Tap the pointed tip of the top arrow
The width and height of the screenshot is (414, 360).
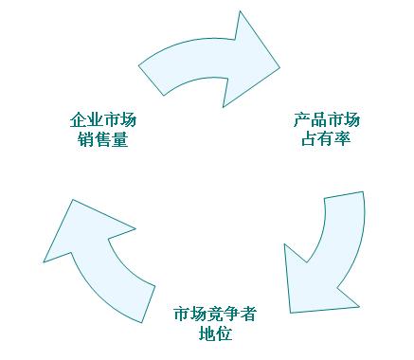click(279, 66)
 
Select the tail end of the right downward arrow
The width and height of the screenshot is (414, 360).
click(343, 196)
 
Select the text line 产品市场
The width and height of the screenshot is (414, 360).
click(326, 120)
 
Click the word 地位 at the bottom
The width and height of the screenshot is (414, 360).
click(215, 333)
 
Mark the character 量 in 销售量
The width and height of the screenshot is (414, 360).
click(119, 139)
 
